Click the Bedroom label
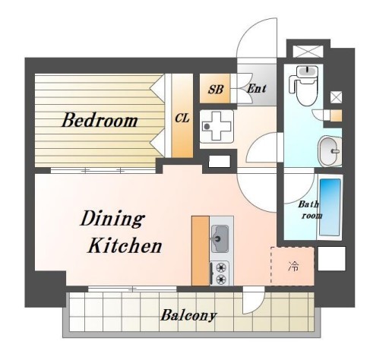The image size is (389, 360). coord(100,121)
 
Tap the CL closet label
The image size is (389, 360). coord(182,118)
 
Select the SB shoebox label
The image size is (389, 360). coord(216,90)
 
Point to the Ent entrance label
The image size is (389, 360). coord(256,89)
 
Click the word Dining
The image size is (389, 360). coord(112,219)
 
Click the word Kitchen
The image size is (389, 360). coord(125,245)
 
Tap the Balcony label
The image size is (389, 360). coord(188,315)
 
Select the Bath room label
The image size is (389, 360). coord(309,210)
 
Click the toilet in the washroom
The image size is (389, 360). coord(304,86)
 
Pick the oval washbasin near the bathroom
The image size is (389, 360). coord(329,151)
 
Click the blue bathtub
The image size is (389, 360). coord(330,207)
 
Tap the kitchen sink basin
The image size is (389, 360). coord(220,238)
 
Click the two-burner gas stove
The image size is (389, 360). coord(220,273)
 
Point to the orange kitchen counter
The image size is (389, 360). coord(201,251)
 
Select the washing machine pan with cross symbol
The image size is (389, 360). coord(216,126)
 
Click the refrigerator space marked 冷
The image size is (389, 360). coord(293,266)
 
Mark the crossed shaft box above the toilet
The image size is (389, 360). coord(308,52)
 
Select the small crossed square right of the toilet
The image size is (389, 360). coord(337,97)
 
